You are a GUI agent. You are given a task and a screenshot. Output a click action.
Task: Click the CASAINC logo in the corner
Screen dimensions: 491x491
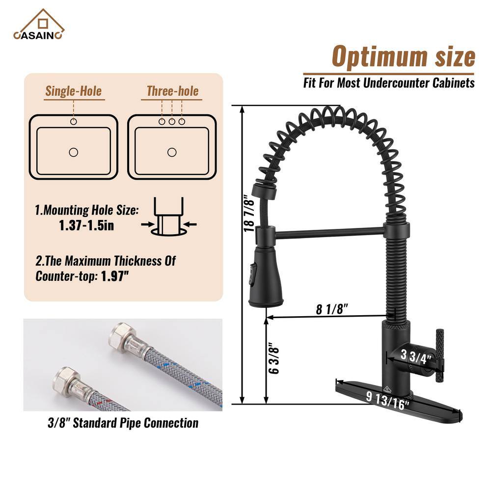tap(38, 25)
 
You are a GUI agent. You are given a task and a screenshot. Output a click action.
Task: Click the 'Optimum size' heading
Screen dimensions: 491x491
tap(403, 56)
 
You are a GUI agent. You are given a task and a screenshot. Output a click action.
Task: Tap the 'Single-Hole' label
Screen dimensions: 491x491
tap(74, 91)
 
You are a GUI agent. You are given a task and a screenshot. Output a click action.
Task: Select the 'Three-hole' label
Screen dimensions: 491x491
tap(172, 91)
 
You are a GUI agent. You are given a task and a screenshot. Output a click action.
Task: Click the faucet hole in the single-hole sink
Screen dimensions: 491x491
tap(74, 121)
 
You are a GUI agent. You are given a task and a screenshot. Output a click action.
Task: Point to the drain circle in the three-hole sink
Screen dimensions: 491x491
tap(172, 153)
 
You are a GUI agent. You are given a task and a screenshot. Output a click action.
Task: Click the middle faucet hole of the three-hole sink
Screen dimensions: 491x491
tap(172, 121)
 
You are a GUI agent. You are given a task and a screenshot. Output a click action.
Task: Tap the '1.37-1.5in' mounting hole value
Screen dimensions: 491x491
tap(86, 225)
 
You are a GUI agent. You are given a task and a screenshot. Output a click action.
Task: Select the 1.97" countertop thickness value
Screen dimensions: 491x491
tap(115, 276)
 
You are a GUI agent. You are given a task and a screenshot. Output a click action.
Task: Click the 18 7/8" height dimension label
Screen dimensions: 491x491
tap(249, 214)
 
